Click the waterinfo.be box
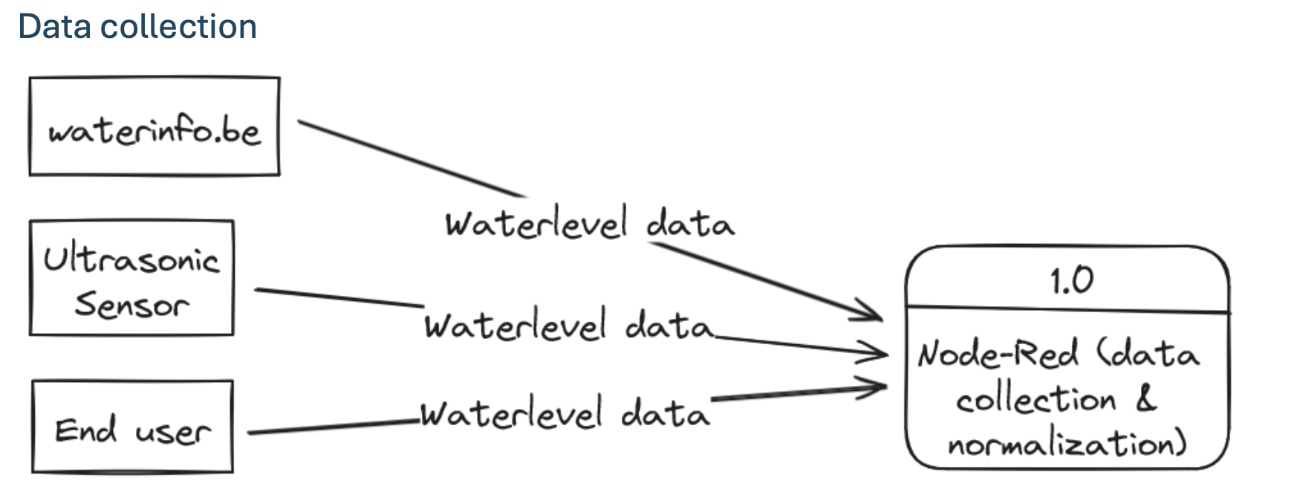pyautogui.click(x=155, y=127)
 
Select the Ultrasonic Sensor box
pyautogui.click(x=131, y=278)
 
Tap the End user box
pyautogui.click(x=132, y=427)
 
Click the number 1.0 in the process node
pyautogui.click(x=1071, y=281)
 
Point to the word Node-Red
pyautogui.click(x=998, y=353)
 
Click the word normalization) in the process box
pyautogui.click(x=1067, y=445)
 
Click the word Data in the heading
pyautogui.click(x=53, y=27)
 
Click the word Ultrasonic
pyautogui.click(x=131, y=259)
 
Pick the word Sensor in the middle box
pyautogui.click(x=131, y=304)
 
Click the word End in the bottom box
pyautogui.click(x=85, y=430)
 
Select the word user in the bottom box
pyautogui.click(x=173, y=431)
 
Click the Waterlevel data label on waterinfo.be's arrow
pyautogui.click(x=590, y=223)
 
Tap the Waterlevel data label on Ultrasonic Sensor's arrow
pyautogui.click(x=568, y=325)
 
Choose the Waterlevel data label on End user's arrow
pyautogui.click(x=565, y=413)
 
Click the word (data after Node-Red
pyautogui.click(x=1148, y=353)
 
